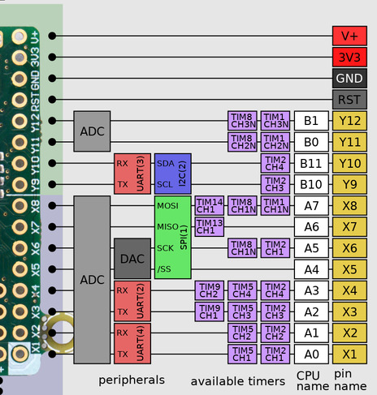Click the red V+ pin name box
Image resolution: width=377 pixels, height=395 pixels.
click(x=350, y=36)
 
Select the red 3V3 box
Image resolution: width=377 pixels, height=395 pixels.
click(x=350, y=57)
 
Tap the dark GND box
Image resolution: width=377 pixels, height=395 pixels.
click(x=350, y=78)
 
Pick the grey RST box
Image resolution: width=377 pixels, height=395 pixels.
click(x=350, y=99)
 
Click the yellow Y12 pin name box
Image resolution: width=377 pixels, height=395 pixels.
click(x=350, y=121)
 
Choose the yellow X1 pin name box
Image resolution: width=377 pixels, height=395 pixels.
click(x=350, y=354)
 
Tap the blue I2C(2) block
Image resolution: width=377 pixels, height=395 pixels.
click(x=173, y=174)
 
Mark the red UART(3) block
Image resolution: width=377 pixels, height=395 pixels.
click(x=132, y=174)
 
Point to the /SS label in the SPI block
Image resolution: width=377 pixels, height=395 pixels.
click(x=165, y=269)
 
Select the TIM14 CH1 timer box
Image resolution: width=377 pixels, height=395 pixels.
click(x=210, y=205)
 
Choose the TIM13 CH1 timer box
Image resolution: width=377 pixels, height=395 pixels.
click(x=210, y=226)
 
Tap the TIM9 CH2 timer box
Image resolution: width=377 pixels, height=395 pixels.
click(x=210, y=290)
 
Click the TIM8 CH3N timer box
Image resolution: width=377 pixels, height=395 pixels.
click(x=242, y=121)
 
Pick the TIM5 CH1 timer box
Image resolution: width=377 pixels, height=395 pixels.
click(x=242, y=354)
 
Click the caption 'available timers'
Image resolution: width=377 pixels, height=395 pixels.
click(x=238, y=381)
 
